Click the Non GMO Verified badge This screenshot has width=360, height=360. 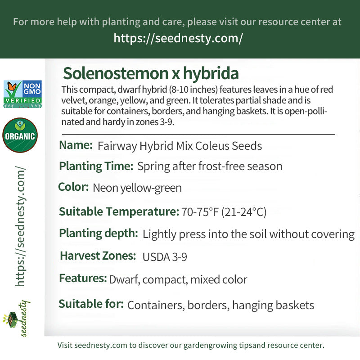coord(22,94)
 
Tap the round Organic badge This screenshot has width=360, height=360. coord(20,135)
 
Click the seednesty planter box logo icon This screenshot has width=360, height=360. coord(10,319)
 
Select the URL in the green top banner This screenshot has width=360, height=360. coord(178,38)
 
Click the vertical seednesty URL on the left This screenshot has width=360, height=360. coord(20,226)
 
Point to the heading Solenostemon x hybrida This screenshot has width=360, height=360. coord(151,73)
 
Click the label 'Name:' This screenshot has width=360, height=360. coord(76,145)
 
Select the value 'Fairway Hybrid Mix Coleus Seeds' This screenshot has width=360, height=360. coord(180,146)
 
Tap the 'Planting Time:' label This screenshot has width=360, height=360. coord(96,166)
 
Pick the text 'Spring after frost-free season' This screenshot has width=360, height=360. coord(210,166)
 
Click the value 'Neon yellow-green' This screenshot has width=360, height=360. coord(137,188)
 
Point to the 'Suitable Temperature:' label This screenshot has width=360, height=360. coord(119,211)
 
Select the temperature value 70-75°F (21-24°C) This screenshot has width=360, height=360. coord(224,211)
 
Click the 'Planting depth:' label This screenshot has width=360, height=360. coord(99,233)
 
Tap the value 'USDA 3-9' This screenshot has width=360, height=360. coord(165,257)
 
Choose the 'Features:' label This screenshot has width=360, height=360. coord(83,278)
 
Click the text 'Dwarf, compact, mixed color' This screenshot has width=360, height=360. coord(178,279)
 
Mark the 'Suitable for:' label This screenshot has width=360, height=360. coord(91,304)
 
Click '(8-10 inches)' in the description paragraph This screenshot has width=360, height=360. coord(193,89)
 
